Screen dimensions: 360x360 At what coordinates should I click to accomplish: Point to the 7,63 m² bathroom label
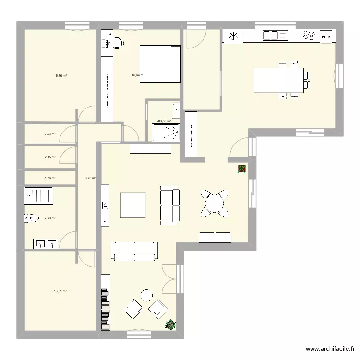click(50, 218)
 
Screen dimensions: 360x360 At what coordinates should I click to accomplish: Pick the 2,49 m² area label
click(50, 134)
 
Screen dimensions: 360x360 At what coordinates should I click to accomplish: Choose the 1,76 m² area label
click(50, 178)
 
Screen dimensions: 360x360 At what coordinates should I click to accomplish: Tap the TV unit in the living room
click(105, 206)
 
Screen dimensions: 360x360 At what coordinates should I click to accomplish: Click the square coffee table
click(133, 205)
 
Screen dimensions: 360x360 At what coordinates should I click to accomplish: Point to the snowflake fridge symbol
click(234, 36)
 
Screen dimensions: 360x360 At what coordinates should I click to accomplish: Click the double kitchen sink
click(271, 35)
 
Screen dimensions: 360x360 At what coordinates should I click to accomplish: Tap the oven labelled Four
click(326, 36)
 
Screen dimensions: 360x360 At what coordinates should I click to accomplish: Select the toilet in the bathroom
click(32, 219)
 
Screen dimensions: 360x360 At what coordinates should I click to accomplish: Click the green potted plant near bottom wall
click(169, 325)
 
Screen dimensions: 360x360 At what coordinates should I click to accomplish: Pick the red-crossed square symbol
click(242, 168)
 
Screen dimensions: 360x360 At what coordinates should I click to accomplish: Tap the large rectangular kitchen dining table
click(278, 80)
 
